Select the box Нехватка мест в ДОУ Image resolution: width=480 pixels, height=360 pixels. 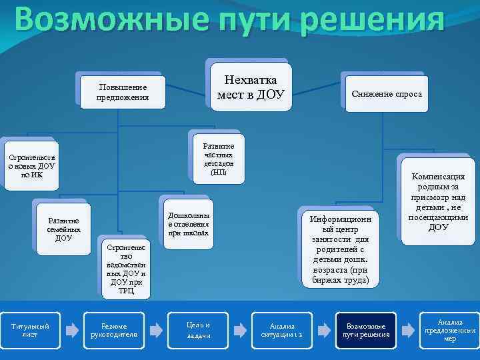click(251, 89)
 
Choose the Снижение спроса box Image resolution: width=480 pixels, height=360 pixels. click(387, 94)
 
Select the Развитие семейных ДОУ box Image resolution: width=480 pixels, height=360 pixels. click(63, 229)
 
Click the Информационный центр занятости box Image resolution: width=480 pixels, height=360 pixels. click(341, 249)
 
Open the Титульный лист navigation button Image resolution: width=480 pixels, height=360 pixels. click(29, 330)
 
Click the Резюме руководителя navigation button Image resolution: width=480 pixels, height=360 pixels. click(113, 330)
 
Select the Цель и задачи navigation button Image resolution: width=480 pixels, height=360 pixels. click(198, 330)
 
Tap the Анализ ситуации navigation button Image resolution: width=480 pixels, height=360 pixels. click(281, 330)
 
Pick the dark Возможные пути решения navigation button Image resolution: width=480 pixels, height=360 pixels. click(366, 330)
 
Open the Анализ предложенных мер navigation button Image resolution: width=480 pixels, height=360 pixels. click(449, 330)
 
